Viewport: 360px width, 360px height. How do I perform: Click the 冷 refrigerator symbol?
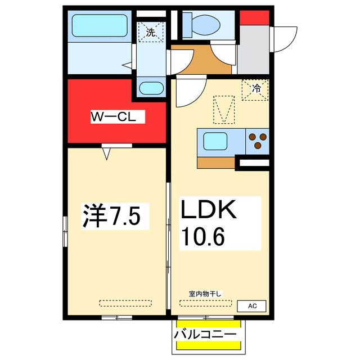point(255,89)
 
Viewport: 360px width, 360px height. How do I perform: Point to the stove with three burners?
point(258,141)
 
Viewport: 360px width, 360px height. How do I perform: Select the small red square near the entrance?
point(254,17)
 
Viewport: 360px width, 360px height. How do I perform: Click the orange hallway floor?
point(200,62)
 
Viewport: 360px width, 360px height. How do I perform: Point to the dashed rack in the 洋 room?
point(125,303)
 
